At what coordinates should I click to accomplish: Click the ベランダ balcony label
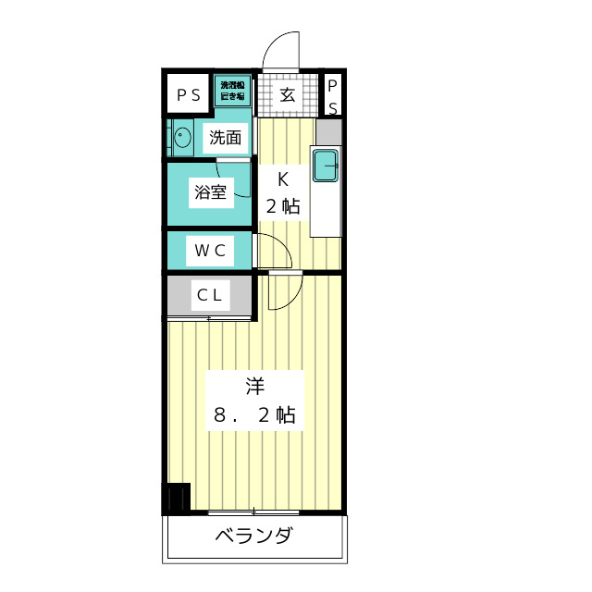(254, 536)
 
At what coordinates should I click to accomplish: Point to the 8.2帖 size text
(254, 415)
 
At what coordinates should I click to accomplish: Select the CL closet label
(209, 295)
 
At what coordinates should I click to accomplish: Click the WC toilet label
(209, 250)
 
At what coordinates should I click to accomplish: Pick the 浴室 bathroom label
(210, 192)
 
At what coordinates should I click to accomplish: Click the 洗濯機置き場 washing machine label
(231, 91)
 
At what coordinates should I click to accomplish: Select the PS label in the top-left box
(189, 94)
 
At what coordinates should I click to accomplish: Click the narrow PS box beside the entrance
(332, 95)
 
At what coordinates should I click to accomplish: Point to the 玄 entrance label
(287, 94)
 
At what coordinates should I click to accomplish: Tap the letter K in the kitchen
(284, 179)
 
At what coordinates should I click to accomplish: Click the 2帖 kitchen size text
(283, 206)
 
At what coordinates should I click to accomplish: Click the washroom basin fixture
(182, 139)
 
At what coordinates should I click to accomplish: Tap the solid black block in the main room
(176, 499)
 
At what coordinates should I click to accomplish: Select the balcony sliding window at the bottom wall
(253, 512)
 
